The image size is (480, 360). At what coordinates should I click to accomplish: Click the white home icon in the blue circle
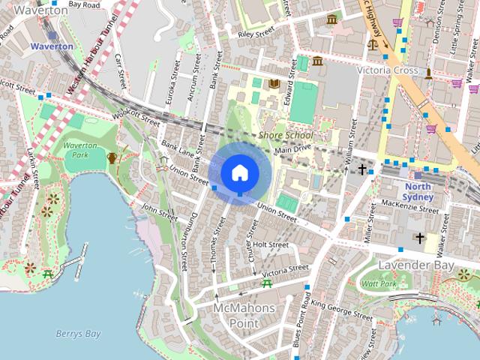(x=239, y=173)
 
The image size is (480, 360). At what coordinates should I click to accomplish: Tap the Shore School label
(x=285, y=135)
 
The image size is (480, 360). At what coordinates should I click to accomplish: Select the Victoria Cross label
(x=387, y=70)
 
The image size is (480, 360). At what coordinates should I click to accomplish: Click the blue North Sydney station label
(x=418, y=192)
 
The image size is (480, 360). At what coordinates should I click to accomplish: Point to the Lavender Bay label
(x=405, y=266)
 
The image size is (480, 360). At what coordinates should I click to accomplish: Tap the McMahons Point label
(x=244, y=316)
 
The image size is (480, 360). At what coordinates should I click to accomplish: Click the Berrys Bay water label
(x=78, y=334)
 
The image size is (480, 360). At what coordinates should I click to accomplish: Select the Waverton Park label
(x=79, y=149)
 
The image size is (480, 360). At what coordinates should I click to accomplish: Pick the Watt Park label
(x=378, y=284)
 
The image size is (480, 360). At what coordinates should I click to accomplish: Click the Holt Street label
(x=270, y=244)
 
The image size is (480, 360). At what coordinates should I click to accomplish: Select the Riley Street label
(x=256, y=34)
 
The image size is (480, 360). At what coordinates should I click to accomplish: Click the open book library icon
(x=274, y=82)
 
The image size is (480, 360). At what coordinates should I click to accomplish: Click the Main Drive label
(x=292, y=150)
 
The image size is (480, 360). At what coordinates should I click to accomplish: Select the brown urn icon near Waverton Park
(x=112, y=157)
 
